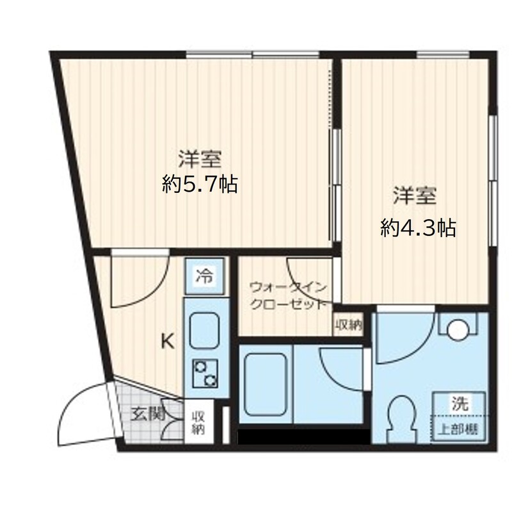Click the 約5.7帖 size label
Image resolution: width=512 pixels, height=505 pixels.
(x=200, y=185)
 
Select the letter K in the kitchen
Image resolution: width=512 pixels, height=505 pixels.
(x=166, y=342)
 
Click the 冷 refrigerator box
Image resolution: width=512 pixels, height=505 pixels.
(x=205, y=277)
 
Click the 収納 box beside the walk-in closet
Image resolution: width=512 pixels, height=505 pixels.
(x=348, y=325)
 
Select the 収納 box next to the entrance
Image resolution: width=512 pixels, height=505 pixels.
(x=198, y=422)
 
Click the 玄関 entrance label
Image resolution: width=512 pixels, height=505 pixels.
(x=147, y=414)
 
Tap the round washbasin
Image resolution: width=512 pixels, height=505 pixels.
(x=459, y=330)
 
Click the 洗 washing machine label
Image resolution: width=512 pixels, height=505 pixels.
(x=460, y=404)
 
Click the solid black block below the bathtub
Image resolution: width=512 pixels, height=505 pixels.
(x=304, y=437)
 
